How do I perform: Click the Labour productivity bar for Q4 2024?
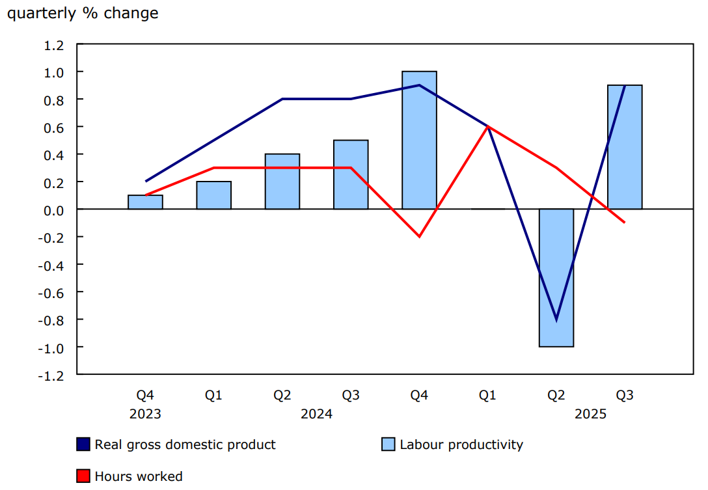(x=419, y=140)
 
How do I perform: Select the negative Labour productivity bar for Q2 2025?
(x=556, y=278)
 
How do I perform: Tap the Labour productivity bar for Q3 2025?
(x=625, y=147)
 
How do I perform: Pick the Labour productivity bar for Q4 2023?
(x=145, y=202)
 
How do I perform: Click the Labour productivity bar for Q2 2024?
(x=282, y=182)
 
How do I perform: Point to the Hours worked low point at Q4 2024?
(x=419, y=236)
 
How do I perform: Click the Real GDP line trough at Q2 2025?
(x=556, y=320)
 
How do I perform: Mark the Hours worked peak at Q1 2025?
(x=487, y=127)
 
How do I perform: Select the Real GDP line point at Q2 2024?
(x=282, y=99)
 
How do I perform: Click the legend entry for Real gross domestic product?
(x=176, y=444)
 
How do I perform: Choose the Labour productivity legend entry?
(x=453, y=444)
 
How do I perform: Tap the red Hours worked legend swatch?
(x=83, y=476)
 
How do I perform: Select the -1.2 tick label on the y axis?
(x=52, y=375)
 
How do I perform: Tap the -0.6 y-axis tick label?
(x=52, y=292)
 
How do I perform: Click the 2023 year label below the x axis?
(x=145, y=414)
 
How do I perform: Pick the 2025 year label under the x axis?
(x=590, y=414)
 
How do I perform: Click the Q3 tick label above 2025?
(x=625, y=395)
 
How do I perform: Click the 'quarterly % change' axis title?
(x=83, y=13)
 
